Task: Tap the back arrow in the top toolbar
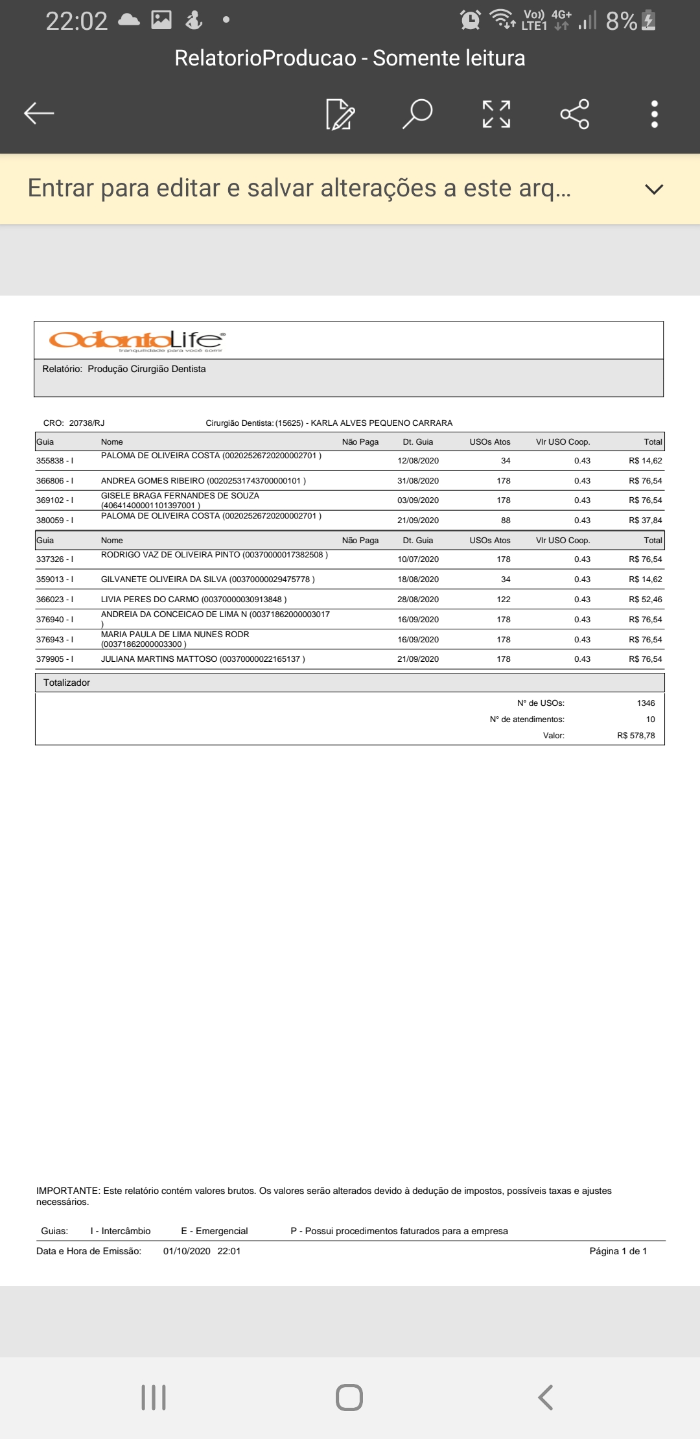(x=39, y=113)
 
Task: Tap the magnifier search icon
(x=417, y=113)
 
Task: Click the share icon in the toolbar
(x=574, y=114)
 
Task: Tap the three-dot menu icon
(x=655, y=114)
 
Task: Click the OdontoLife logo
(x=137, y=340)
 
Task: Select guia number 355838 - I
(x=54, y=461)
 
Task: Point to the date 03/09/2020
(x=418, y=500)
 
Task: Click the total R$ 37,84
(x=645, y=521)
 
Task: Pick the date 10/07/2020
(x=418, y=559)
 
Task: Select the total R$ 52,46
(x=645, y=600)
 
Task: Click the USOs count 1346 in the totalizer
(x=646, y=703)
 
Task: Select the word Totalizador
(x=67, y=683)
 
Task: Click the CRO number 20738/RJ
(x=87, y=423)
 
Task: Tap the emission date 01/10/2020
(x=187, y=1251)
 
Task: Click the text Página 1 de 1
(x=618, y=1251)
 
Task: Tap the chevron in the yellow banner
(x=654, y=189)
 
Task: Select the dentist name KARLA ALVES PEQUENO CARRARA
(x=381, y=423)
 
